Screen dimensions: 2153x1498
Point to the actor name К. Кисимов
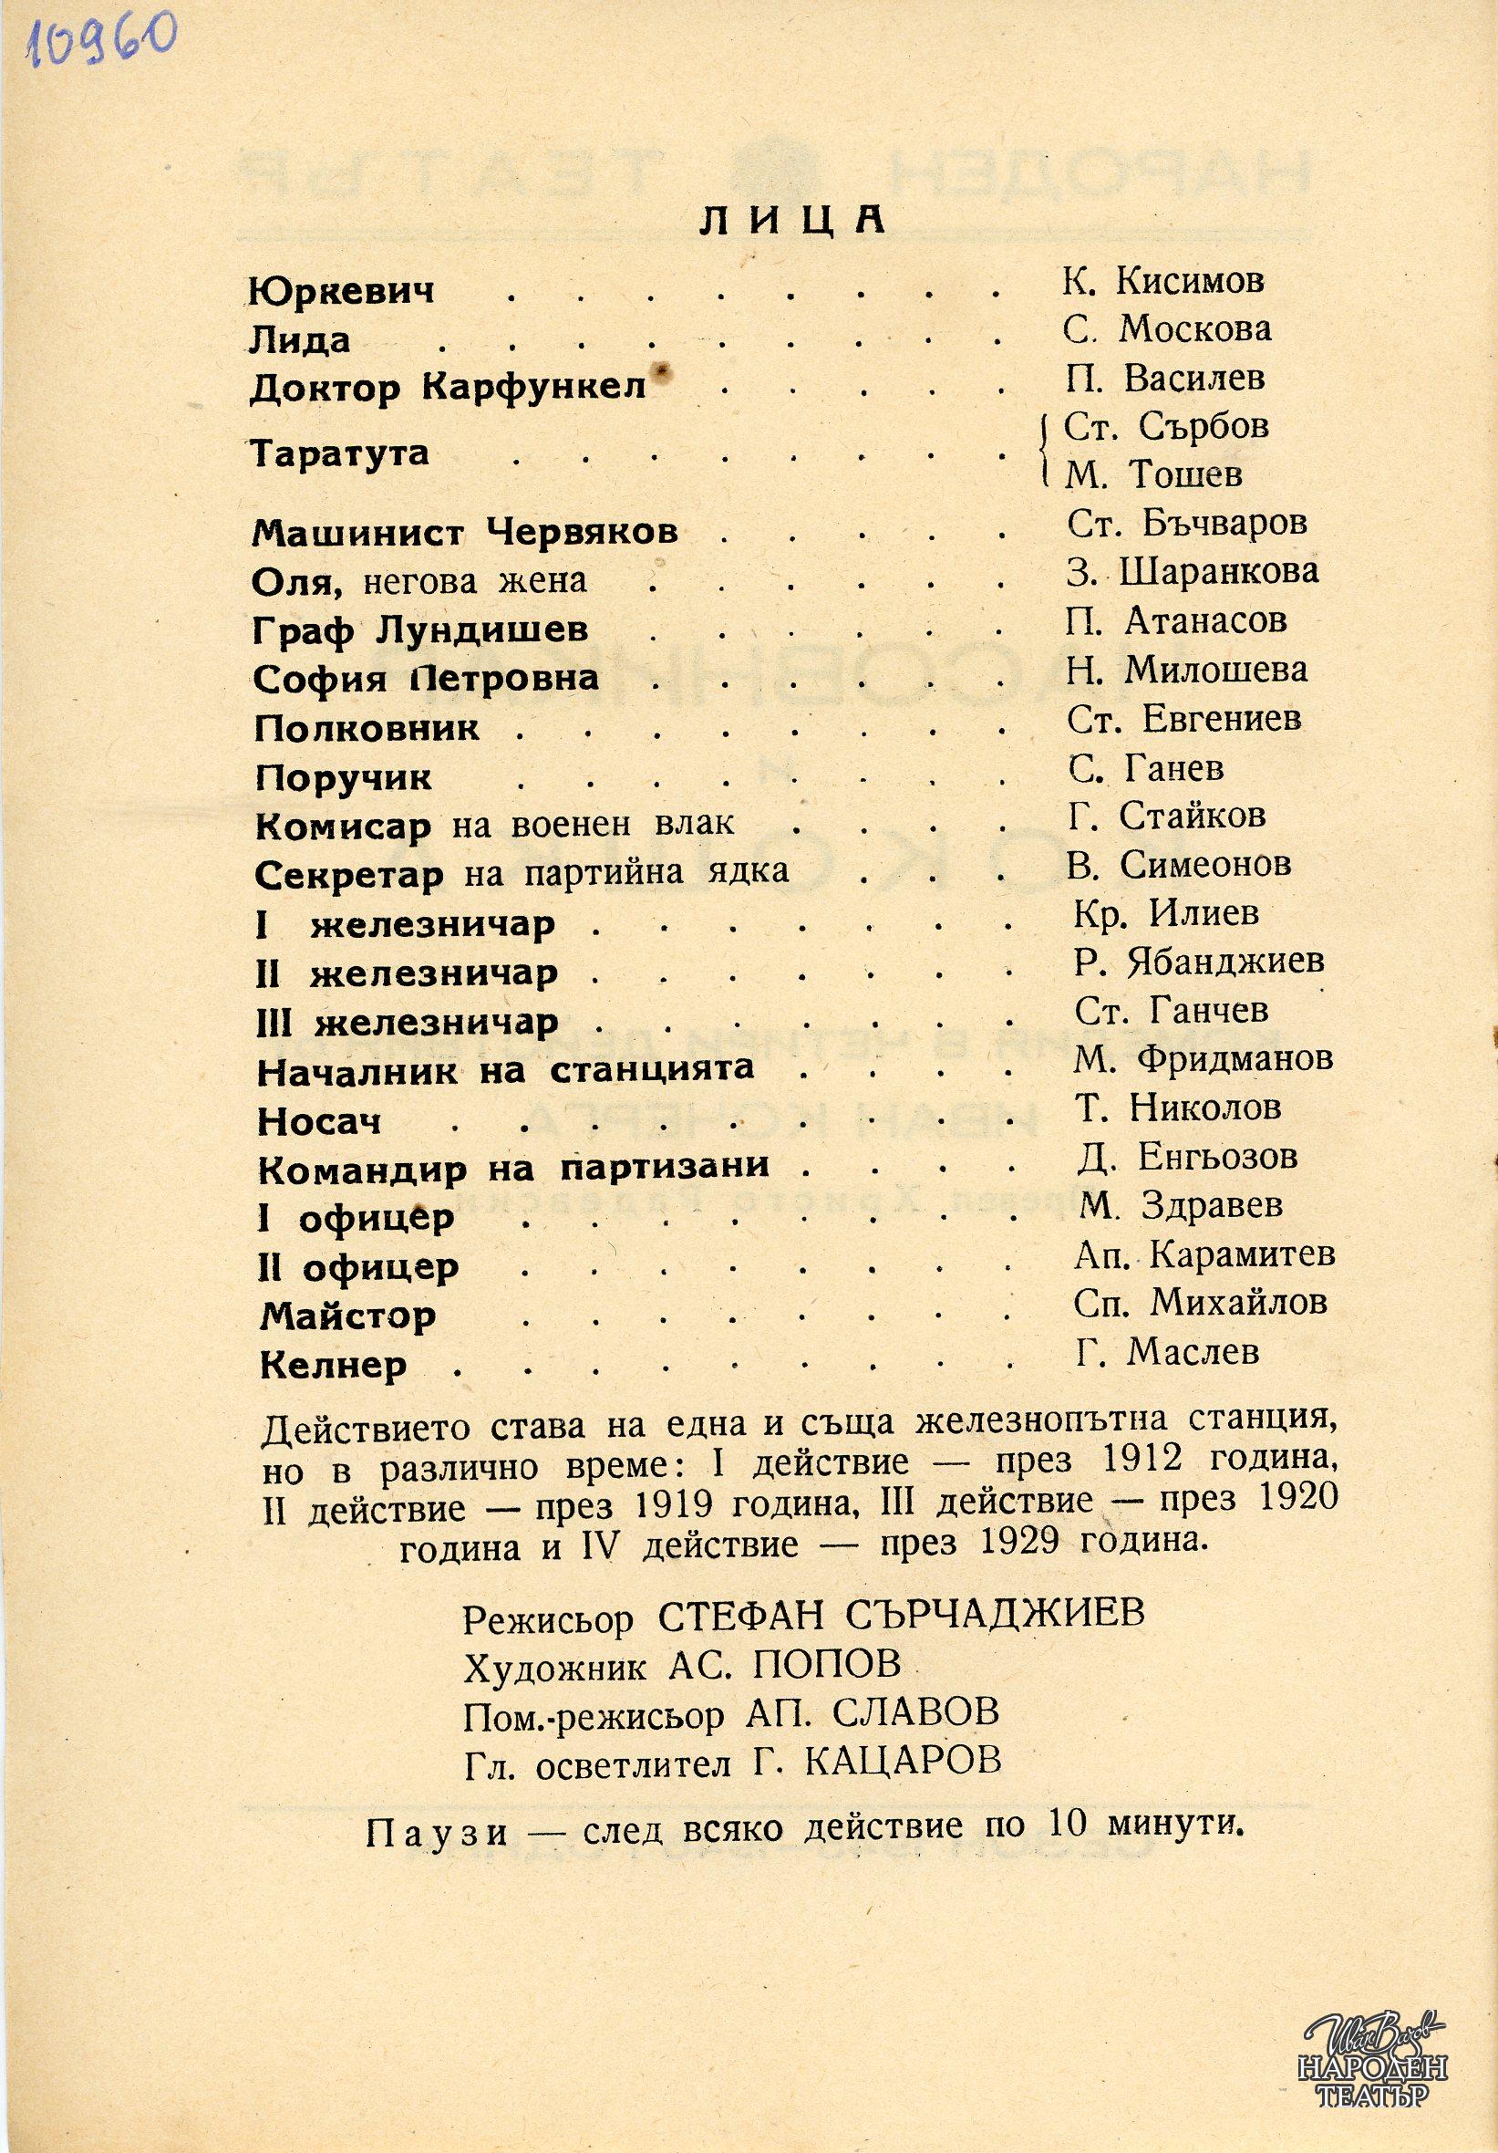click(1162, 280)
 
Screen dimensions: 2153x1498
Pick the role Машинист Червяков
click(465, 534)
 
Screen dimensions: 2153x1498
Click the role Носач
click(319, 1121)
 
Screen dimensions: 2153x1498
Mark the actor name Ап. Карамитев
click(1204, 1254)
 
